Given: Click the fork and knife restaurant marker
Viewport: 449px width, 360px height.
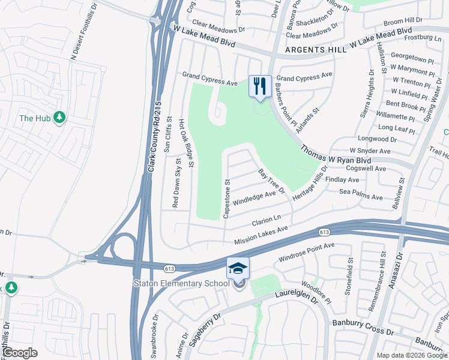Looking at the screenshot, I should (260, 86).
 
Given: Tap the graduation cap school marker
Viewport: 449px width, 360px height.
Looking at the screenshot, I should (238, 268).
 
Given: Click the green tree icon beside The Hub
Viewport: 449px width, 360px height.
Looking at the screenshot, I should (59, 118).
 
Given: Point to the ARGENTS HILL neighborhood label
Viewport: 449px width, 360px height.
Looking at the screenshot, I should (316, 50).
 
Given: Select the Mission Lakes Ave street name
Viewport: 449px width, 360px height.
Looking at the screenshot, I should (261, 233).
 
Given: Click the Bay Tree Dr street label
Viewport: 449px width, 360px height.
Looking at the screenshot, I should (271, 181).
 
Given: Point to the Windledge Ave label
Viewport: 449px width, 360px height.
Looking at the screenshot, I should (255, 197).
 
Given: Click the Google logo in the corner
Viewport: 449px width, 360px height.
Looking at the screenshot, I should (20, 352).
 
